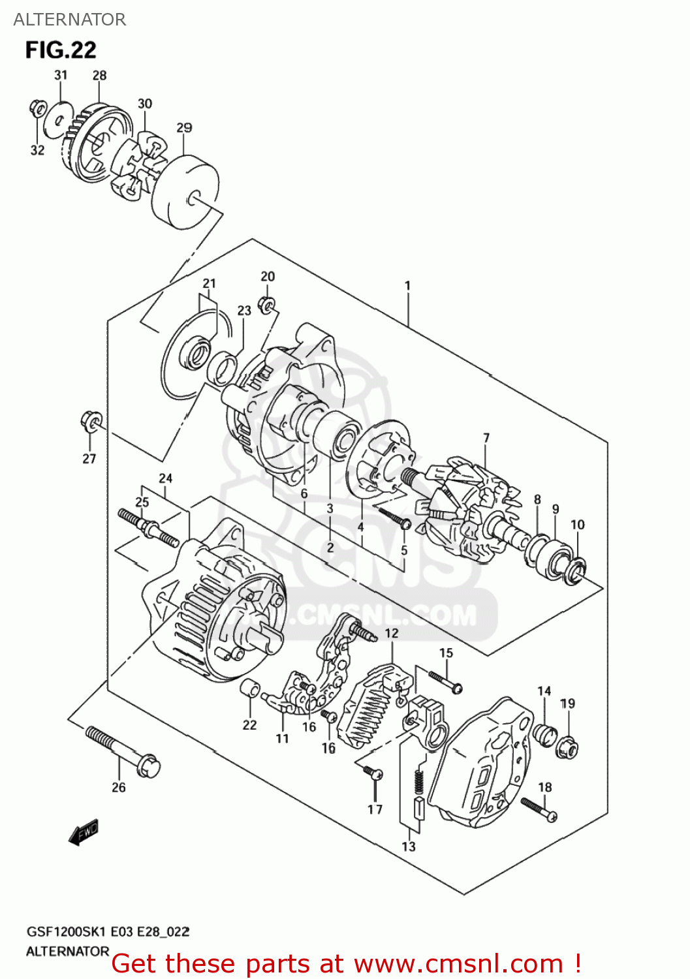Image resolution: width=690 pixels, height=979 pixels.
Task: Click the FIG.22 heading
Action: point(61,50)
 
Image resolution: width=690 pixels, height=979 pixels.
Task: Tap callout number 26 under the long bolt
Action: point(118,787)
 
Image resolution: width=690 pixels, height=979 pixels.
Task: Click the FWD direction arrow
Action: point(84,832)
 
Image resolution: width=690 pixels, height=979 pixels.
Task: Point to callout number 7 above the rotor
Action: point(486,438)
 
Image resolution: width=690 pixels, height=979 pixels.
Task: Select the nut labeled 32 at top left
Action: point(37,107)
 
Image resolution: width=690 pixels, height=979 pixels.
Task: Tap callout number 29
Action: point(184,127)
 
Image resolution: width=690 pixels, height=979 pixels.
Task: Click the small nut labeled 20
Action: point(267,303)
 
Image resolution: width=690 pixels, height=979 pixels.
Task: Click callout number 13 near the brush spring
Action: point(409,847)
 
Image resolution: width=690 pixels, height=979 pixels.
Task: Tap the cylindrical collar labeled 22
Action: point(250,689)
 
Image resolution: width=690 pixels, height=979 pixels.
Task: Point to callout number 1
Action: point(407,285)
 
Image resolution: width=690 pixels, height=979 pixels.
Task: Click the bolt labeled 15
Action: point(446,681)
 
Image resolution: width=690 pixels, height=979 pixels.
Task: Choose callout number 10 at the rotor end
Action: point(577,525)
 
